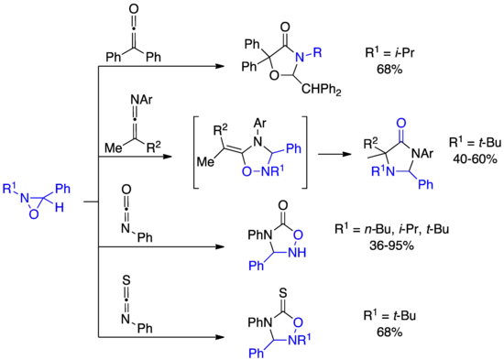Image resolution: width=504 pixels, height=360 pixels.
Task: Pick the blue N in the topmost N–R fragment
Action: pyautogui.click(x=298, y=57)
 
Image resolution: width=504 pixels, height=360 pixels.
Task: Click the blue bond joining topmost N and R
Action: pyautogui.click(x=308, y=54)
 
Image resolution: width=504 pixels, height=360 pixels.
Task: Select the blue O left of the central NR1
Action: pyautogui.click(x=244, y=170)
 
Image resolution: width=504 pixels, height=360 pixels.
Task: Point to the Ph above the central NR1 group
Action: pyautogui.click(x=292, y=147)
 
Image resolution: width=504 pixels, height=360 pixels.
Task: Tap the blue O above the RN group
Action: pyautogui.click(x=400, y=121)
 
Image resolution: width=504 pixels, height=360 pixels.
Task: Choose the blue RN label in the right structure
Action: pyautogui.click(x=377, y=169)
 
